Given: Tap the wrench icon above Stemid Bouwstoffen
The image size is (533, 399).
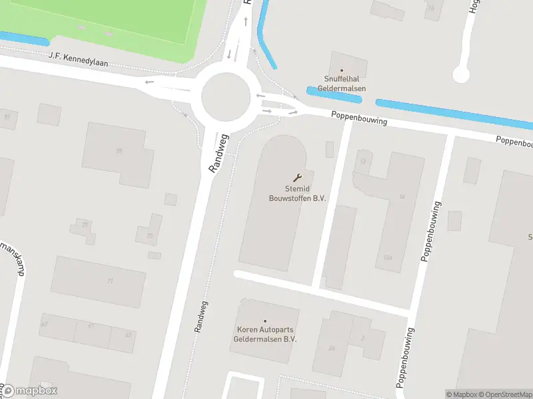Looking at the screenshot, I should tap(297, 178).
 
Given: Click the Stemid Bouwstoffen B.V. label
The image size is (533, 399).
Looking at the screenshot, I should tap(296, 194).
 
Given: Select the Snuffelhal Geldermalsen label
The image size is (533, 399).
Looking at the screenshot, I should tap(341, 84).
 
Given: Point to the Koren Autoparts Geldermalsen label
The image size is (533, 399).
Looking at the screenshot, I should tap(265, 334).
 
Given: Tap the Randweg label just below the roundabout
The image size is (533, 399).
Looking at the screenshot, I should tap(219, 154).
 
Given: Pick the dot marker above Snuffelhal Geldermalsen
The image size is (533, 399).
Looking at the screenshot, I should tap(342, 70).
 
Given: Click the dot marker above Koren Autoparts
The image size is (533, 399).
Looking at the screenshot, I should tap(265, 321).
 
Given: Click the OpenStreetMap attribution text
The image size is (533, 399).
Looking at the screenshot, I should tap(507, 394).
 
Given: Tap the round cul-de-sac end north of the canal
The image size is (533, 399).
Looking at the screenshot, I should tap(461, 74).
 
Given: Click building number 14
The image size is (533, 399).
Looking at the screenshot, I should tap(402, 197).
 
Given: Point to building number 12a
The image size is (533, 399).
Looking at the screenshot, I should tap(388, 257).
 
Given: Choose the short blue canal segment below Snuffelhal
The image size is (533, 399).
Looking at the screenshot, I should tap(334, 94).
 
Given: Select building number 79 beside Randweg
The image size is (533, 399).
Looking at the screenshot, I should tap(150, 236).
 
